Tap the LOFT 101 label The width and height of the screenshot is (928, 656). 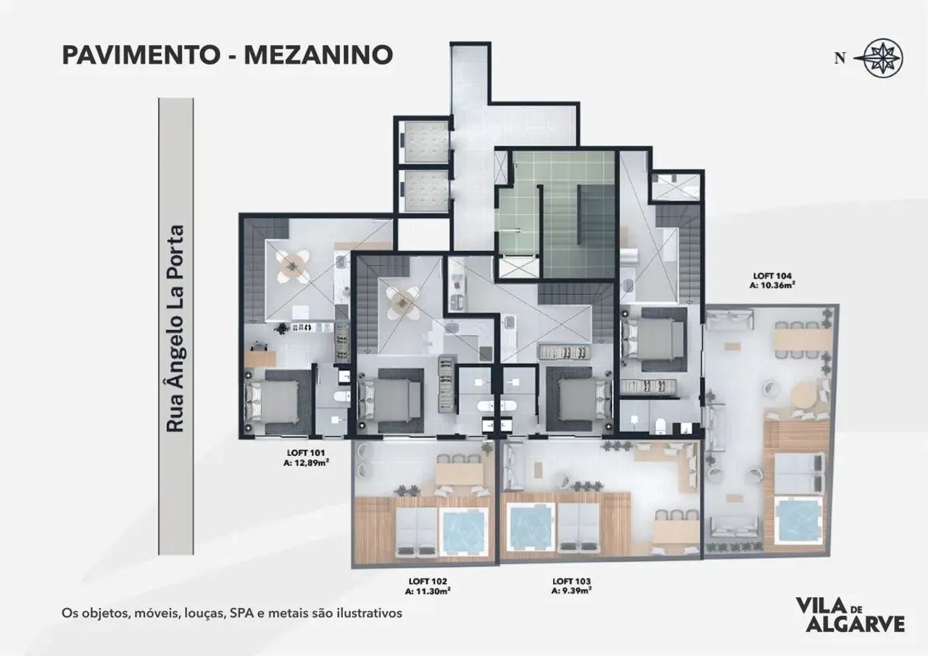click(306, 453)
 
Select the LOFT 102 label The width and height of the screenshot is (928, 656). click(428, 581)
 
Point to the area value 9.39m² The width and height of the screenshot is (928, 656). click(576, 591)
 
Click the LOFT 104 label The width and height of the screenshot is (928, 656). click(773, 276)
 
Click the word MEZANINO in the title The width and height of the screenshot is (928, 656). click(318, 55)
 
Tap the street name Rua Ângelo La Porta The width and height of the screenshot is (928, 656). click(175, 329)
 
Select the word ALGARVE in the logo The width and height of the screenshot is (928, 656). click(854, 634)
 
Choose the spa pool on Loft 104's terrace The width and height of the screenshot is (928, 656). click(798, 520)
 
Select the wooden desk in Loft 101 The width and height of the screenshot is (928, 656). click(260, 357)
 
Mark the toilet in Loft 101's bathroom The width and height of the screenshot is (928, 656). click(341, 397)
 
